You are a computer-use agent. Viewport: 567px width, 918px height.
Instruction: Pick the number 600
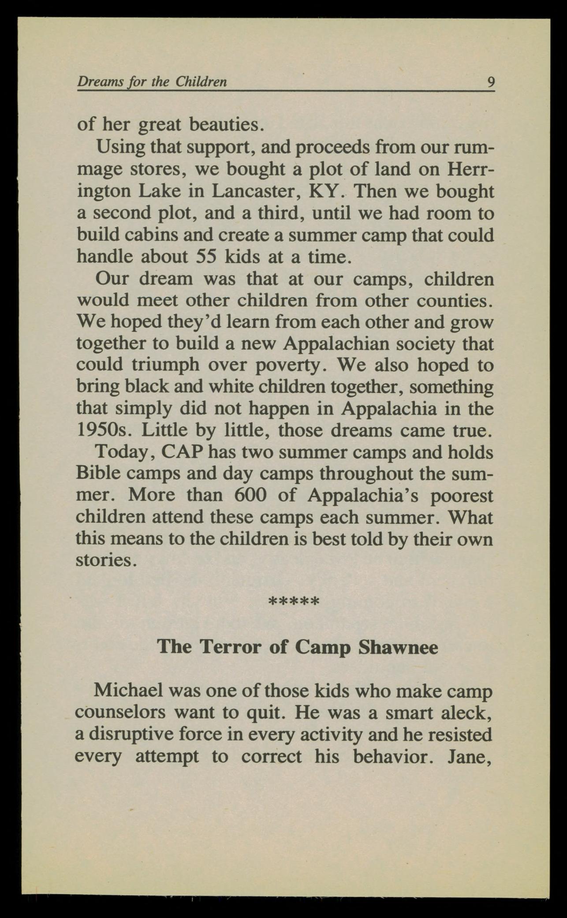[250, 495]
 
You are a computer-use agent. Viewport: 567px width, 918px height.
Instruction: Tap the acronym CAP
[183, 452]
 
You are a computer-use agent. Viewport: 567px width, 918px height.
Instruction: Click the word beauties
[226, 125]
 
